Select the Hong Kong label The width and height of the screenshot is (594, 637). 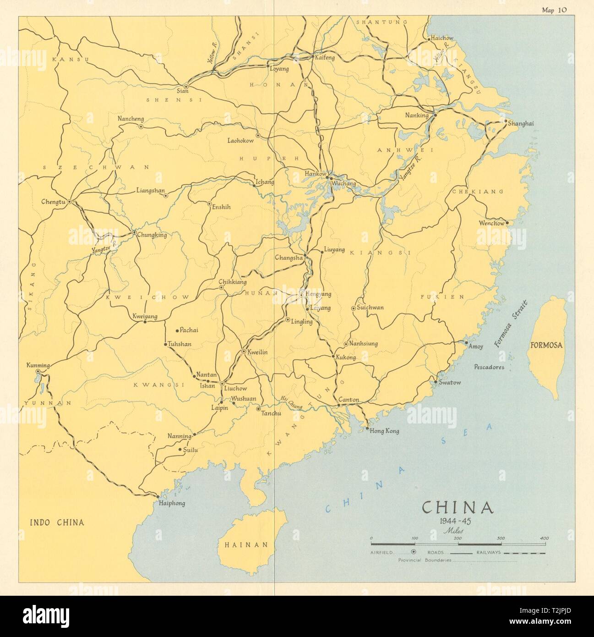point(384,431)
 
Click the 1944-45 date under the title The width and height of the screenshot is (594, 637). point(457,521)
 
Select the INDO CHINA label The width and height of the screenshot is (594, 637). point(57,522)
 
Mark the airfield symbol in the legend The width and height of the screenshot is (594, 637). point(414,552)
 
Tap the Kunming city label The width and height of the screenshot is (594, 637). point(38,365)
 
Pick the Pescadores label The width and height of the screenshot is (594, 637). point(489,367)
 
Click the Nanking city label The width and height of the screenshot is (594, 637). point(417,115)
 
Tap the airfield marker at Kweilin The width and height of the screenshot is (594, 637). point(244,352)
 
